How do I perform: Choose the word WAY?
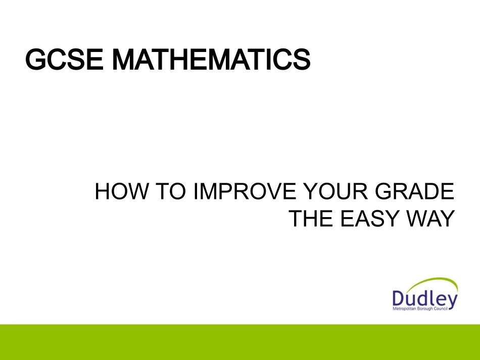pyautogui.click(x=430, y=219)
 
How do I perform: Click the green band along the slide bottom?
pyautogui.click(x=240, y=342)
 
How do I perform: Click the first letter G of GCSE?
pyautogui.click(x=35, y=60)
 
